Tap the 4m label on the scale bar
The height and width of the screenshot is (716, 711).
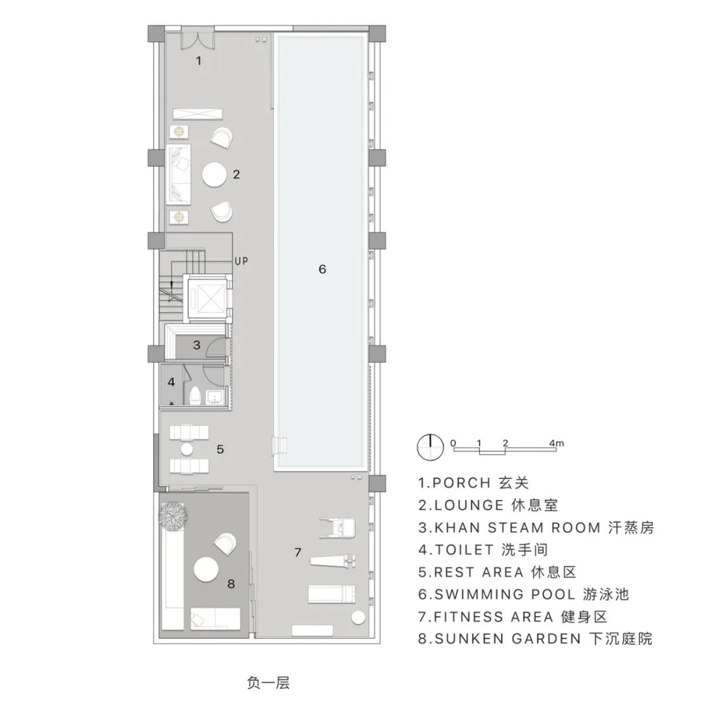556,443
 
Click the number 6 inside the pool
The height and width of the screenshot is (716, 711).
322,269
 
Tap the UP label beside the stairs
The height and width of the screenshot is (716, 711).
241,261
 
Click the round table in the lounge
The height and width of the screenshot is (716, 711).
215,175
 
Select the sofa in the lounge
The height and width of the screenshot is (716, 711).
180,174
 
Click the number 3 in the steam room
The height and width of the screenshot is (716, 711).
196,344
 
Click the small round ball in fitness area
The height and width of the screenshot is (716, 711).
358,618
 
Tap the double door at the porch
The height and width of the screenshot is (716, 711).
197,36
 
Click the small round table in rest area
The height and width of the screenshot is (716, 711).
187,449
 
